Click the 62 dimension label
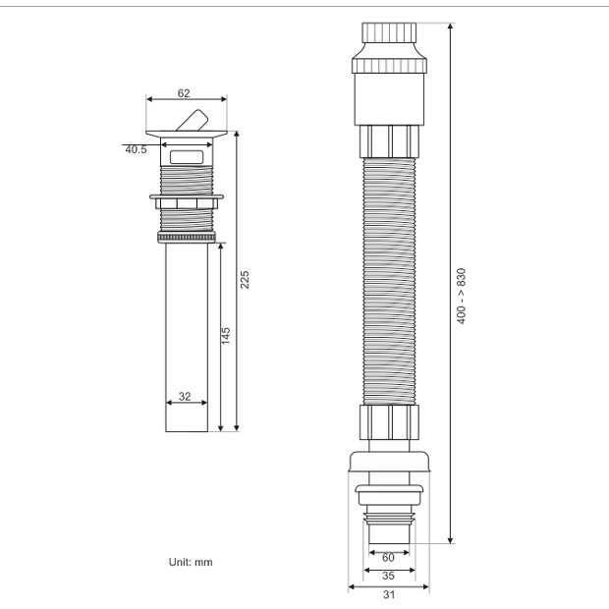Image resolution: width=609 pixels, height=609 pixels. [x=184, y=93]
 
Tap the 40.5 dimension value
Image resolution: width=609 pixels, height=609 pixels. [x=136, y=149]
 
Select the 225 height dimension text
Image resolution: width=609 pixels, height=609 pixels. [x=245, y=280]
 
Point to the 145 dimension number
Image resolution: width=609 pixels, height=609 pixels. [x=226, y=336]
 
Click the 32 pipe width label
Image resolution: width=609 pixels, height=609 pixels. [x=185, y=396]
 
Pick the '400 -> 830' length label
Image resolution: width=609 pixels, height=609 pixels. [x=461, y=296]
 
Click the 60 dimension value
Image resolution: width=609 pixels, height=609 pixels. [x=388, y=558]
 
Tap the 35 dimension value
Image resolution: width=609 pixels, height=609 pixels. [x=388, y=576]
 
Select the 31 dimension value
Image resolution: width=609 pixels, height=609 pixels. [x=389, y=594]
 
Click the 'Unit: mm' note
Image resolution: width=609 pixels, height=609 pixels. [x=191, y=562]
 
